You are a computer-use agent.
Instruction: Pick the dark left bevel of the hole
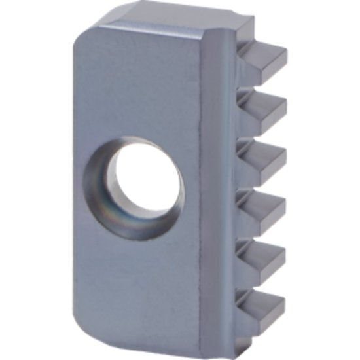[x=98, y=187]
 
